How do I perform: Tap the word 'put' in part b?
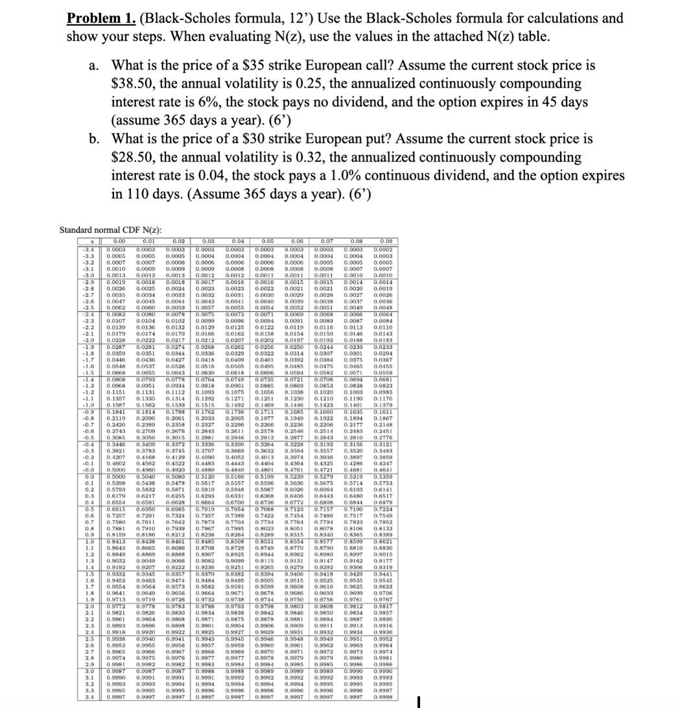(378, 139)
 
